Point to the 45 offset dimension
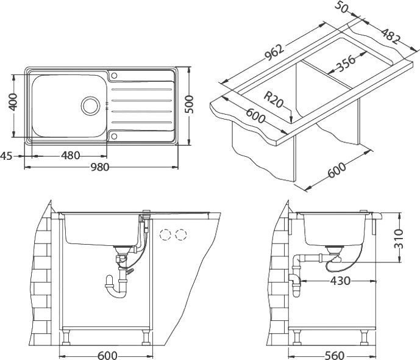pyautogui.click(x=7, y=156)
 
